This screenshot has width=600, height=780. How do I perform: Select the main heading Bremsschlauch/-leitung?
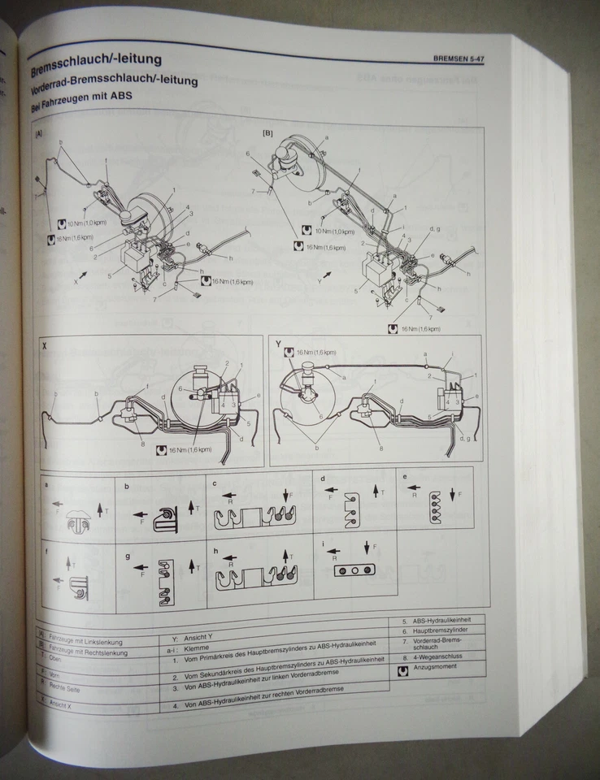click(x=95, y=59)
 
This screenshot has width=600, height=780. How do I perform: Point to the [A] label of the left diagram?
click(x=40, y=134)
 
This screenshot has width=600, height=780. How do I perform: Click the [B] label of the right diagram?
click(x=267, y=132)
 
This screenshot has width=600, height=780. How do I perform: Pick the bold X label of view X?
click(x=45, y=347)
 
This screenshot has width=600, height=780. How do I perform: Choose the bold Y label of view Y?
click(x=278, y=344)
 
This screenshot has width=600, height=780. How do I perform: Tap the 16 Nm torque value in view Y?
click(x=316, y=352)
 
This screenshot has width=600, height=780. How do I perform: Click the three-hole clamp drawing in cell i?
click(x=354, y=571)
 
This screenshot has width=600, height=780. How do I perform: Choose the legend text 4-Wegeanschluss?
click(x=440, y=656)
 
